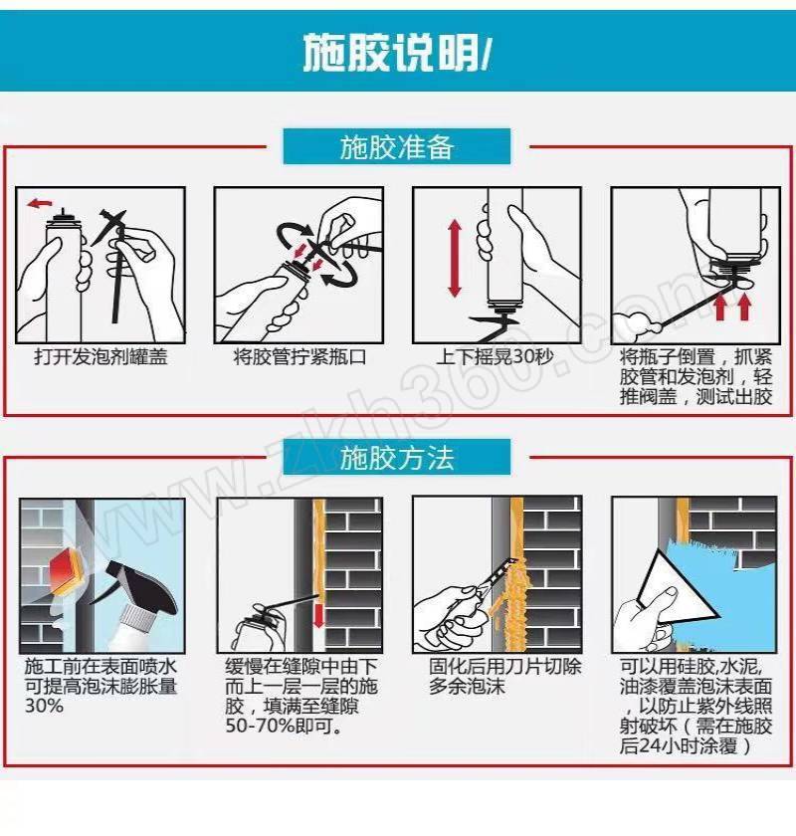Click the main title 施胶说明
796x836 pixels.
tap(390, 52)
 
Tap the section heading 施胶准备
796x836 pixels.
tap(397, 146)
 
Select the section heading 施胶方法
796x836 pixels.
tap(397, 458)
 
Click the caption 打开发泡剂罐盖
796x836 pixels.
tap(100, 356)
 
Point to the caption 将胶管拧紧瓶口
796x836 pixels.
tap(299, 356)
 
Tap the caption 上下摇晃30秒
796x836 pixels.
tap(495, 356)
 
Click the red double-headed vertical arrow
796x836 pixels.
tap(455, 258)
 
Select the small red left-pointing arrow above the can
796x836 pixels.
tap(40, 203)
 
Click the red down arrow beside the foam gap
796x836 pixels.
tap(318, 615)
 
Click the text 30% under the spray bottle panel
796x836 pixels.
tap(44, 706)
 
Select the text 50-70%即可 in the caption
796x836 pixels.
tap(284, 726)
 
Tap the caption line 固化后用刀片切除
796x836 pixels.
tap(504, 667)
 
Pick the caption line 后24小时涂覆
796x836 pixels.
tap(687, 745)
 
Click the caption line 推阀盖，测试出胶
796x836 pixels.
tap(696, 397)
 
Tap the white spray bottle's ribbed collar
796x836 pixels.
tap(137, 616)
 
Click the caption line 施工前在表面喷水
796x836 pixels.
tap(100, 667)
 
